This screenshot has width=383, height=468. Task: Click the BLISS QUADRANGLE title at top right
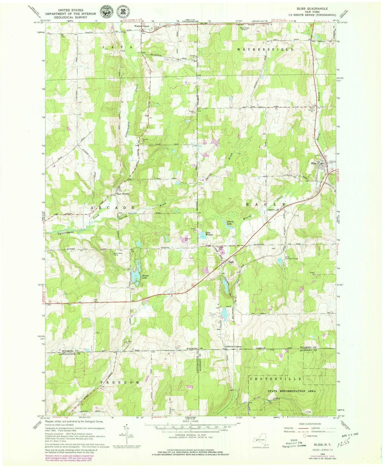pos(309,9)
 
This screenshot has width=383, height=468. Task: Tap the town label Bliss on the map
pos(314,163)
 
